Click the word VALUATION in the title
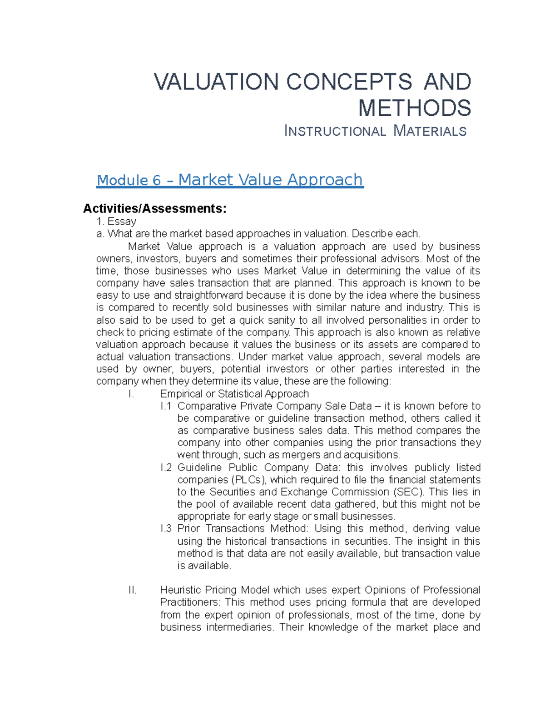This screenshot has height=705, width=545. [x=216, y=82]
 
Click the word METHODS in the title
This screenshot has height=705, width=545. [x=415, y=108]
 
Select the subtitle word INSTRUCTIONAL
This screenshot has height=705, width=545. [x=335, y=131]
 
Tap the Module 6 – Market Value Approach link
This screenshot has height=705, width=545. [x=230, y=180]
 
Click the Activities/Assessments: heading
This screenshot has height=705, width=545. [x=154, y=208]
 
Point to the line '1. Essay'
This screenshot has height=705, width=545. [x=116, y=222]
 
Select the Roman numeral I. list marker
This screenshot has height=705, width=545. [x=131, y=394]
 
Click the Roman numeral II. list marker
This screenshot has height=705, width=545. [x=132, y=590]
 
